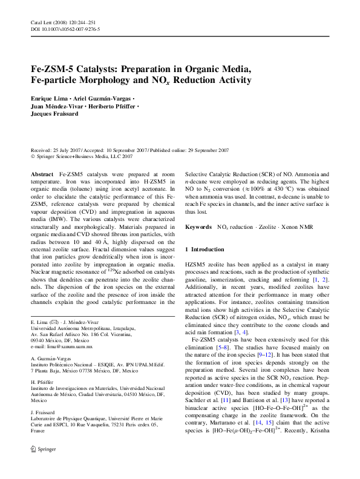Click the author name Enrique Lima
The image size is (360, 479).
coord(48,97)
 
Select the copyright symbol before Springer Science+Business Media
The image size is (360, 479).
coord(33,156)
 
